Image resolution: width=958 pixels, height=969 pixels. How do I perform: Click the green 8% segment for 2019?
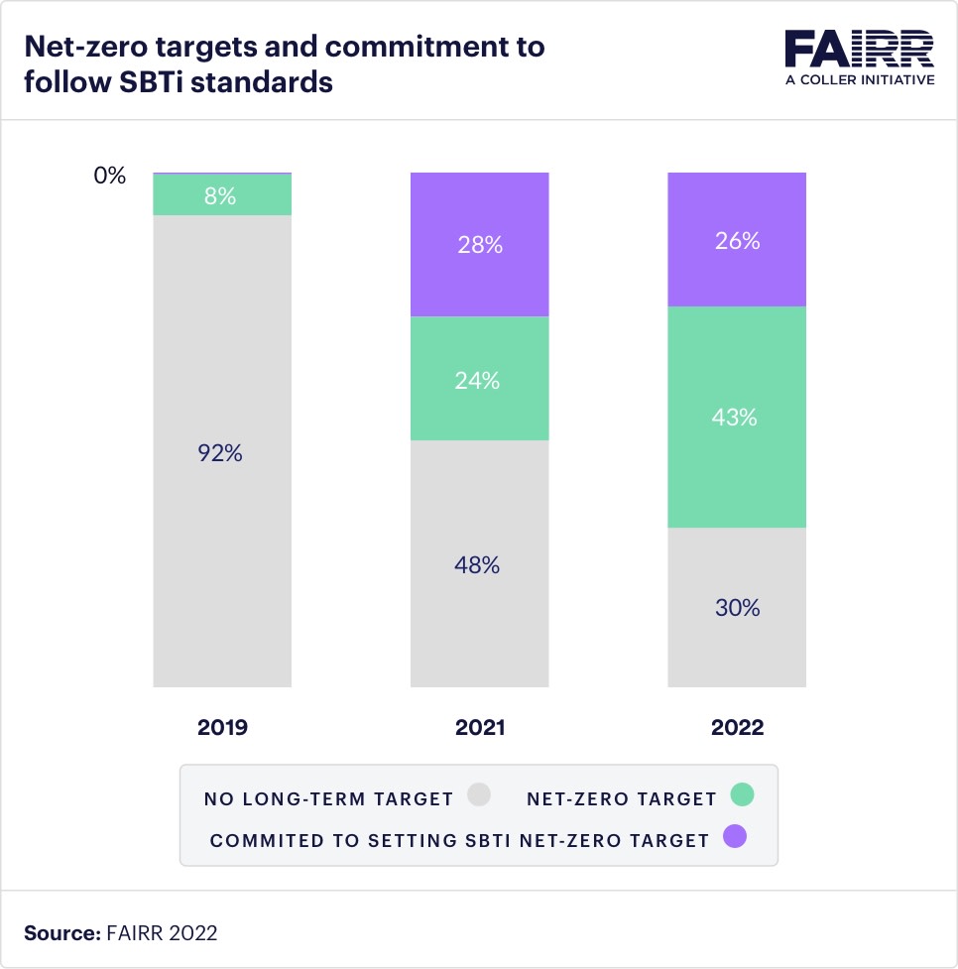pos(221,195)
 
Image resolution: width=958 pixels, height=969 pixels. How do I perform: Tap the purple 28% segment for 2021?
pos(479,245)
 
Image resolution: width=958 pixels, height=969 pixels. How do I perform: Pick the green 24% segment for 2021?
pos(479,379)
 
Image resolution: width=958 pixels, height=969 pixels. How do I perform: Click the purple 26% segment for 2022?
pos(736,240)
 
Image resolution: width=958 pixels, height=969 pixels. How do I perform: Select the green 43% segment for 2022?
pos(736,418)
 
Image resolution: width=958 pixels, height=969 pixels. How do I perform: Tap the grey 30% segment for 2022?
pos(736,607)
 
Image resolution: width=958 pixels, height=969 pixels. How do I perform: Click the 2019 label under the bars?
pos(222,727)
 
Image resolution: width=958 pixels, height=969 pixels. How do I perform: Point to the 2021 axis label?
pos(480,727)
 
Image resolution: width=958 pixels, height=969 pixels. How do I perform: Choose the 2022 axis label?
pos(737,727)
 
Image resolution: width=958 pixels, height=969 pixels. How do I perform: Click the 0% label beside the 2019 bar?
pos(110,176)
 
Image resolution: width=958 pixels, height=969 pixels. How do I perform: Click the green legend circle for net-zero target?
pos(742,795)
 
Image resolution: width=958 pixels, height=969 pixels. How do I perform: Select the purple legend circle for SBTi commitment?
pos(734,838)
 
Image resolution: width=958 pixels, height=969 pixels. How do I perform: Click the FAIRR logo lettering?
pos(859,50)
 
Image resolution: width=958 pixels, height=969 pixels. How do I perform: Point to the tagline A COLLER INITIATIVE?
pos(859,79)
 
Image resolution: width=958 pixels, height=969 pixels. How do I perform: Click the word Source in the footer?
pos(58,932)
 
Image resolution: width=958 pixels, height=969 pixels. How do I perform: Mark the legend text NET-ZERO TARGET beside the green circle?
pos(622,798)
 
